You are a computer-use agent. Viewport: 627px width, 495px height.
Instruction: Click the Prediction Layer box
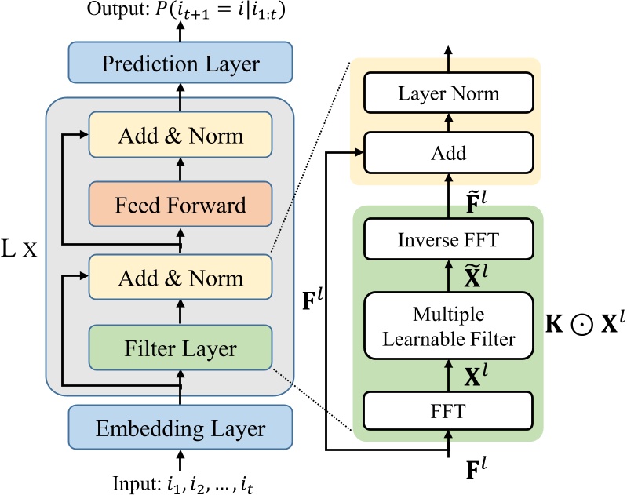pyautogui.click(x=180, y=64)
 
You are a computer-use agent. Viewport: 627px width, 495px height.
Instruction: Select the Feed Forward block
pyautogui.click(x=180, y=206)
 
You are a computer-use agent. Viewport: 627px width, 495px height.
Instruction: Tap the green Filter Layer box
pyautogui.click(x=180, y=349)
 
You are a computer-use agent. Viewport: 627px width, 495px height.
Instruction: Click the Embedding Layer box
pyautogui.click(x=180, y=428)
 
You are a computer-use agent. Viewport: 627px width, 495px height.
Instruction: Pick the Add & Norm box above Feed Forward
pyautogui.click(x=180, y=135)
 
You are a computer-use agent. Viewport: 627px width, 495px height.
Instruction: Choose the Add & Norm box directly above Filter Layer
pyautogui.click(x=180, y=278)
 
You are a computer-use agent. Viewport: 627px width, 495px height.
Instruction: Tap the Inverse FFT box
pyautogui.click(x=448, y=239)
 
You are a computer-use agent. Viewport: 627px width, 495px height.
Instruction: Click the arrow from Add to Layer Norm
pyautogui.click(x=448, y=124)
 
